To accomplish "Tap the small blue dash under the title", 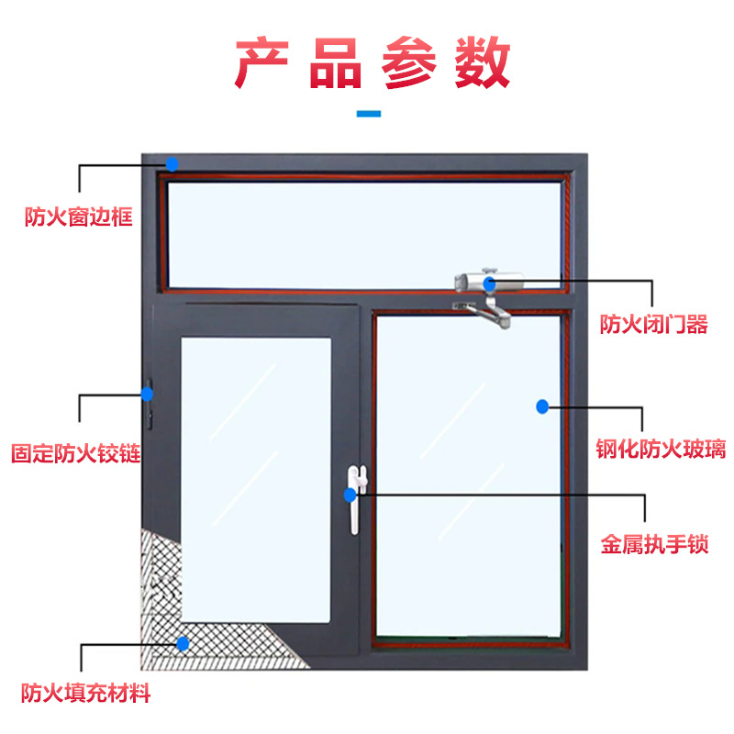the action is coord(368,114).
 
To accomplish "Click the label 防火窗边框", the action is coord(79,217).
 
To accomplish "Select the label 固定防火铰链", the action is coord(75,453).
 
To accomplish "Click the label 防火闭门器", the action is coord(653,325).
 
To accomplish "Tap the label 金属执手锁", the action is coord(655,544).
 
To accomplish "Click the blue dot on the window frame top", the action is coord(172,164).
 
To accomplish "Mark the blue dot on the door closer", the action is coord(491,283).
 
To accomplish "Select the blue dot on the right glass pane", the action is coord(542,406).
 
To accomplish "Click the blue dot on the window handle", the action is coord(350,495).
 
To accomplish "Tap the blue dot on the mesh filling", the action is coord(183,644).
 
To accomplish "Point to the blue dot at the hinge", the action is coord(147,394).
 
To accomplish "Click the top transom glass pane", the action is coord(362,234).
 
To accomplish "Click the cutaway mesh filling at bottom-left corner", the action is coord(161,596).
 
